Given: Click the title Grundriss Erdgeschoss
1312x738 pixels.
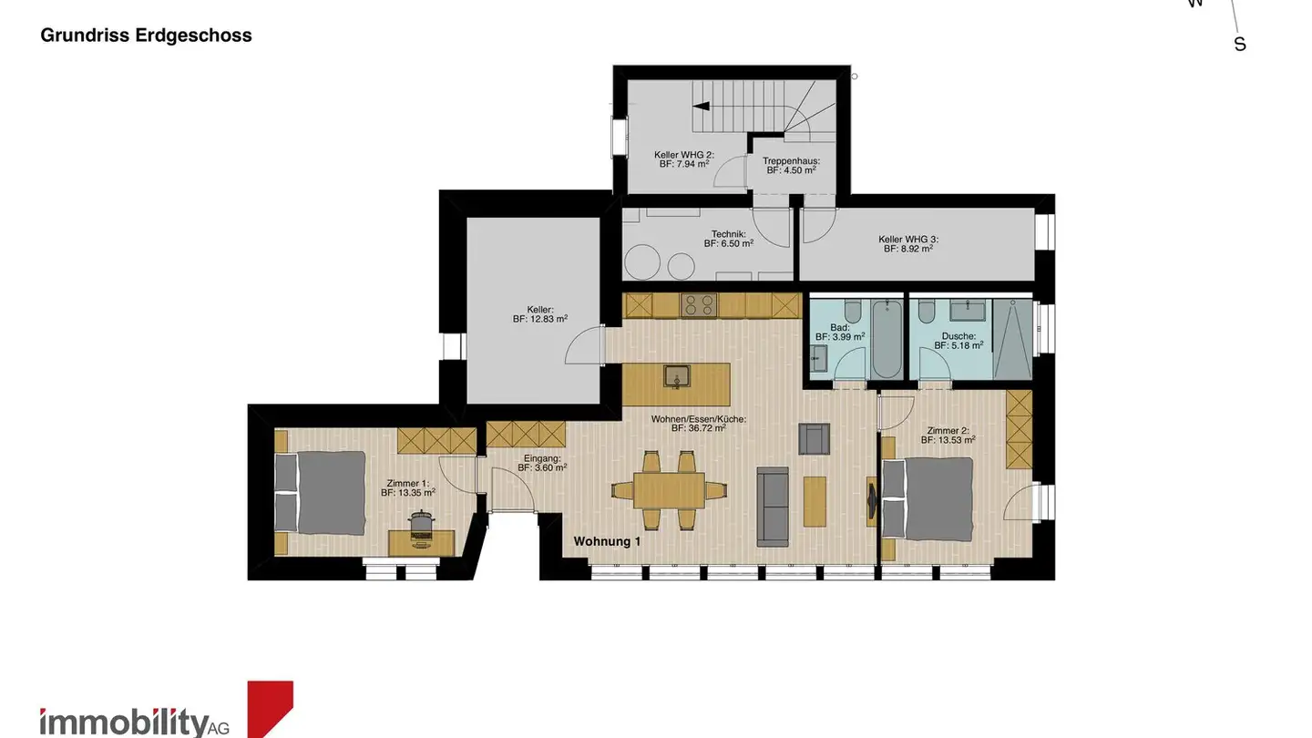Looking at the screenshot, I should point(146,36).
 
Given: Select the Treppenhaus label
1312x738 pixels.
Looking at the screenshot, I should point(791,165).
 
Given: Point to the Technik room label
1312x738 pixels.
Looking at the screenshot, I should point(728,239).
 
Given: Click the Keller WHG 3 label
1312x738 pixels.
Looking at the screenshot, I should point(908,243).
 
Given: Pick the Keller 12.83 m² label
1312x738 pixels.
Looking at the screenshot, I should point(540,314).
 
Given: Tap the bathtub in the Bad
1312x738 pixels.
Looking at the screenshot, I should point(885,340).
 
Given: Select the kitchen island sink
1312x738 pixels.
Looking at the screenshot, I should point(676,375).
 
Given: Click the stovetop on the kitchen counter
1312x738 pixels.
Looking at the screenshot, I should point(699,305).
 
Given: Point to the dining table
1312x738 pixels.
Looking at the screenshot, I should point(669,490).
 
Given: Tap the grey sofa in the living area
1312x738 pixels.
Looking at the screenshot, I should point(774,506).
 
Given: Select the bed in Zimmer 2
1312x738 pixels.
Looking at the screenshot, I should point(926,498).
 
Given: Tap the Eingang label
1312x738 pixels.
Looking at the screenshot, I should point(542,463).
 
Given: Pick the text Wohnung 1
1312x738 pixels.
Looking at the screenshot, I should point(608,541).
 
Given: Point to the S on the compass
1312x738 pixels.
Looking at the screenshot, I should point(1239,44).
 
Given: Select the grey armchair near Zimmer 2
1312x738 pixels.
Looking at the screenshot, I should point(815,438).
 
